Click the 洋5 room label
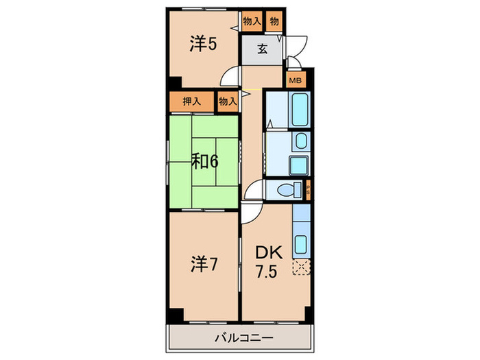click(204, 45)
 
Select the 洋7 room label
click(204, 263)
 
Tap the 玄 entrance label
click(262, 49)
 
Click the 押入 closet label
click(192, 101)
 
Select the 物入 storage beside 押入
click(228, 101)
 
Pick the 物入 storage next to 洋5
click(252, 21)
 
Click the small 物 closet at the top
click(274, 21)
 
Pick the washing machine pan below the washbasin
click(298, 165)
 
